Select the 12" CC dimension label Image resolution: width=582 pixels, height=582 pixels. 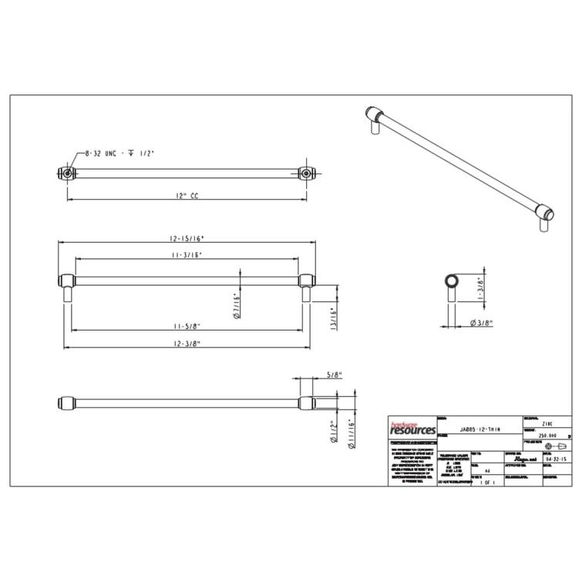pos(187,197)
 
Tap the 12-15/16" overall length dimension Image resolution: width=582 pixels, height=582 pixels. pos(187,239)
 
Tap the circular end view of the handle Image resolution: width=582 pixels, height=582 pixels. pos(452,280)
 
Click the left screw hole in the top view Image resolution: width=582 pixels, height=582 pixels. pos(68,173)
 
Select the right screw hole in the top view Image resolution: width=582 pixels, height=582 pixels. pos(307,173)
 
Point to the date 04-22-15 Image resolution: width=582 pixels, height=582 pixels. pos(555,459)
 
